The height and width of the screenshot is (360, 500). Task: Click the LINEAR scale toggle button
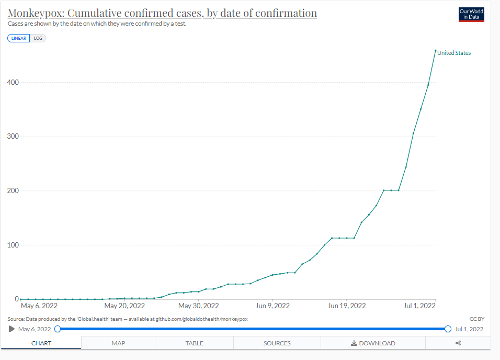[19, 38]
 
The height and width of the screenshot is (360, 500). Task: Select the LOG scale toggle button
[38, 38]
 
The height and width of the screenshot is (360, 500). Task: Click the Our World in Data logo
[471, 15]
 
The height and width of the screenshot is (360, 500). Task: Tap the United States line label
[454, 53]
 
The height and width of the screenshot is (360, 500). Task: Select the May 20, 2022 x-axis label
[124, 306]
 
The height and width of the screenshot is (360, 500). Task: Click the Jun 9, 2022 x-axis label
[272, 306]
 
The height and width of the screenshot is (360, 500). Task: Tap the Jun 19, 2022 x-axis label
[346, 306]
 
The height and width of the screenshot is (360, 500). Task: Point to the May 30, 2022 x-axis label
[198, 306]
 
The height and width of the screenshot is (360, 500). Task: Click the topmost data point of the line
[436, 51]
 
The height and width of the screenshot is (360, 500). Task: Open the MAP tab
[118, 343]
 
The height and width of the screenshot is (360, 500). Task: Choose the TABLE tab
[194, 343]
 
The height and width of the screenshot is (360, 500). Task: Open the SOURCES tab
[277, 343]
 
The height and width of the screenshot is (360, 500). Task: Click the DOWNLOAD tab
[373, 343]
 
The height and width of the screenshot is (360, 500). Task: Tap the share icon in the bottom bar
[458, 343]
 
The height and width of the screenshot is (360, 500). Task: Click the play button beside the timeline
[12, 329]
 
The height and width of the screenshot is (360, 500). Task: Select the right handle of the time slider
[448, 329]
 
